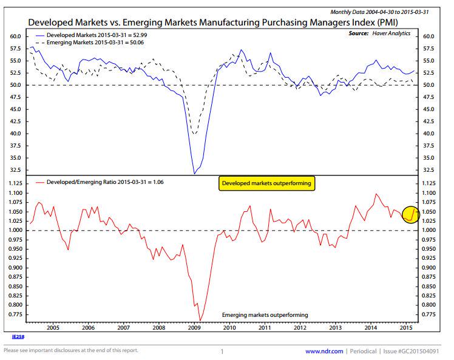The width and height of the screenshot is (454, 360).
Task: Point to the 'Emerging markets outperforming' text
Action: click(x=265, y=315)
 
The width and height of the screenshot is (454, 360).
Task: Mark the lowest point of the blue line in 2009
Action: click(x=194, y=174)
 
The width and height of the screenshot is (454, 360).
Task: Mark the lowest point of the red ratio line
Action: click(x=200, y=320)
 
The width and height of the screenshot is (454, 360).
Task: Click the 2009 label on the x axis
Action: click(x=194, y=327)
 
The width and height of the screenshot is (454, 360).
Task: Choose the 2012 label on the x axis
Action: click(x=300, y=327)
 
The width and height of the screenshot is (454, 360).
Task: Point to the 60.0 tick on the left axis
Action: click(x=16, y=36)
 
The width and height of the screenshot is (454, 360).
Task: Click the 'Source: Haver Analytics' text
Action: click(x=380, y=35)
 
